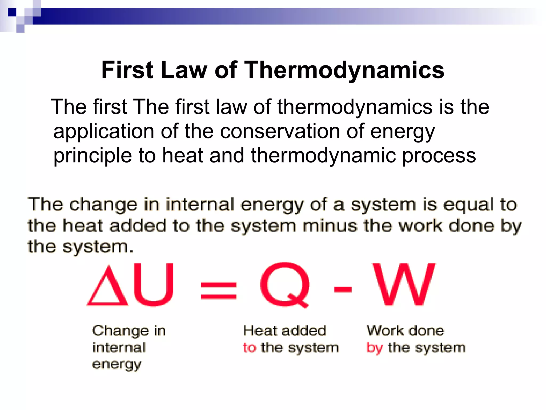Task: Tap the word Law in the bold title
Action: [x=184, y=70]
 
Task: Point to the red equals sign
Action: [x=219, y=290]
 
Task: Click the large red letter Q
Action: [x=285, y=285]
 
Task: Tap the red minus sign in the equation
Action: [x=343, y=289]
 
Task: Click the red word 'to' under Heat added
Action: [x=249, y=348]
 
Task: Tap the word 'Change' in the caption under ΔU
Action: [x=121, y=331]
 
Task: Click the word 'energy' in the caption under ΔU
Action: [x=117, y=365]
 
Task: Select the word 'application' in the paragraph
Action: [x=104, y=132]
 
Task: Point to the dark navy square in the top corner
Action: [x=12, y=12]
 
